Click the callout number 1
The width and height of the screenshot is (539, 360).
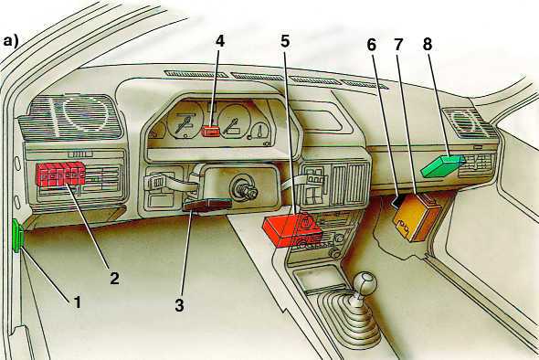point(79,298)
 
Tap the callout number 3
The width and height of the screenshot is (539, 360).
point(180,305)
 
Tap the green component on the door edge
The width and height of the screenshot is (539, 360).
point(17,238)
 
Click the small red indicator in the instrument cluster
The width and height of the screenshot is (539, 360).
point(211,132)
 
